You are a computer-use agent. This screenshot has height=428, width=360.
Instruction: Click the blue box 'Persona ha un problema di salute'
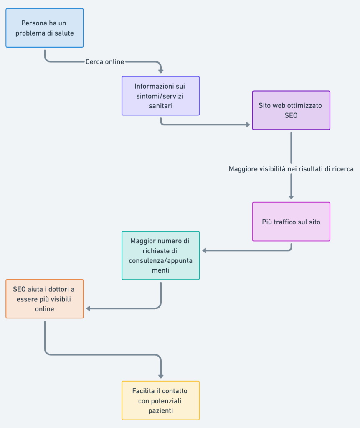(45, 28)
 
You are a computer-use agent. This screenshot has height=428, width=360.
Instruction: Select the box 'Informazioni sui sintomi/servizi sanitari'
(161, 96)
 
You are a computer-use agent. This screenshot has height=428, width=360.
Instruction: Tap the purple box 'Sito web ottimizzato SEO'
(291, 110)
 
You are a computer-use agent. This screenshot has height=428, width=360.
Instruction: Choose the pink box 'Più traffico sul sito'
(291, 222)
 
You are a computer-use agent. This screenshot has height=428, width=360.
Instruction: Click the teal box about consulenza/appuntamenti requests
(161, 255)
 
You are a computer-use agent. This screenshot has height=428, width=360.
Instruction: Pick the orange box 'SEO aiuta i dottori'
(45, 299)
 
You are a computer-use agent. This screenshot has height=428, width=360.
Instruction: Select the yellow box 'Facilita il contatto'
(161, 400)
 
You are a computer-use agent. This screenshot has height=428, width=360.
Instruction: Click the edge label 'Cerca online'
(105, 62)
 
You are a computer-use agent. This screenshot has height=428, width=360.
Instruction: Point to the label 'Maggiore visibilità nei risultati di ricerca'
(291, 169)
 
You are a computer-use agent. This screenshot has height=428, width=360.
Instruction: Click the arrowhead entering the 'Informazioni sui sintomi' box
(161, 71)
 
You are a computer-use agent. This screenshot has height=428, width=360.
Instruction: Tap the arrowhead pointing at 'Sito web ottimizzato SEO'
(248, 125)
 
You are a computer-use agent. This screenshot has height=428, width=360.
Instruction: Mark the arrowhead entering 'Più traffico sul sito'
(291, 197)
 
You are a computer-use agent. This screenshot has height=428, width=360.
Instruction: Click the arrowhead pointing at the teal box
(204, 251)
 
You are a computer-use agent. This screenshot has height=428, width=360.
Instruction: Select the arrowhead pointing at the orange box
(89, 309)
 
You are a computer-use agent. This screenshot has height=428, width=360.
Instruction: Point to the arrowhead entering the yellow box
(161, 377)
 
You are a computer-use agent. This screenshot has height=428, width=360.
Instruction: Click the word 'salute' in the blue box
(64, 33)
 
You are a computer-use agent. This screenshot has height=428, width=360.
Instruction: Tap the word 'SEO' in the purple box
(291, 115)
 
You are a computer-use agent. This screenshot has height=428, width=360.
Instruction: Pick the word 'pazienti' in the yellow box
(161, 410)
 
